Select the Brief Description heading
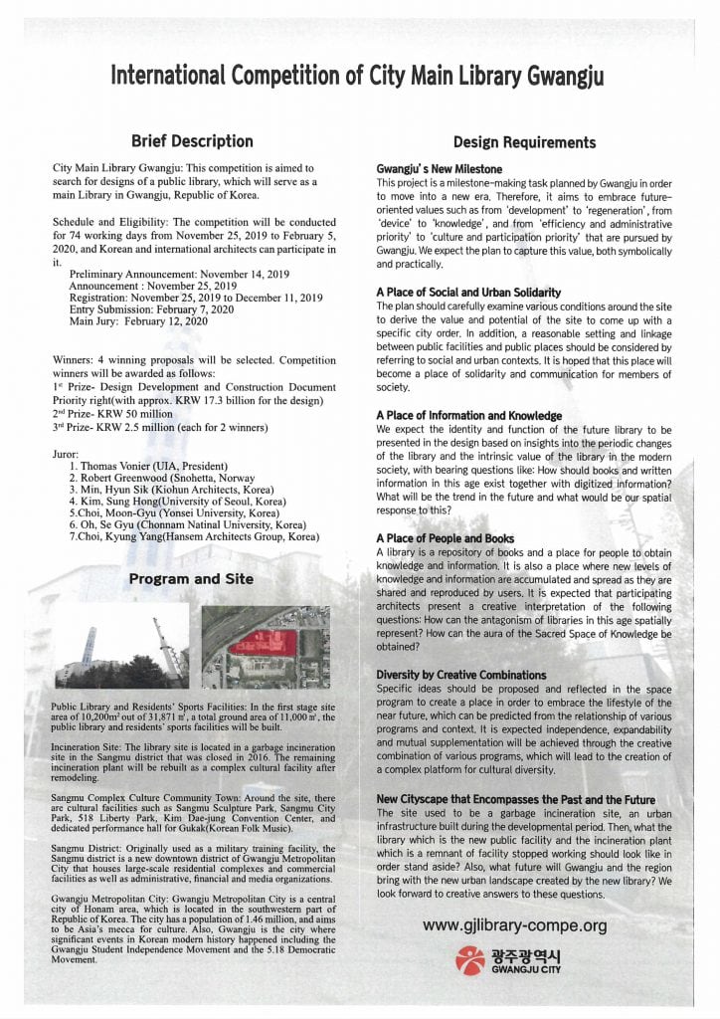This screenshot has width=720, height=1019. (x=192, y=141)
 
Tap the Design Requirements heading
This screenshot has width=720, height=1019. (x=524, y=142)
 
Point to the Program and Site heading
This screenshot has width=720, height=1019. (x=191, y=579)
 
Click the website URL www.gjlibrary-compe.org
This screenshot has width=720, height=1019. (x=514, y=925)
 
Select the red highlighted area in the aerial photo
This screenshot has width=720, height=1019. (x=263, y=642)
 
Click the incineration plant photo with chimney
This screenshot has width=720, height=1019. (x=119, y=647)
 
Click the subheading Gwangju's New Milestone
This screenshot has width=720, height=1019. (x=439, y=170)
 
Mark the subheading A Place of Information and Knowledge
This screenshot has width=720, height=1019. (x=468, y=415)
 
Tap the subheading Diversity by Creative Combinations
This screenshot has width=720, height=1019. (x=460, y=675)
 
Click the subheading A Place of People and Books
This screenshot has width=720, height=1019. (x=445, y=538)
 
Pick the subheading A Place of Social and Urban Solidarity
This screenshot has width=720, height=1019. (x=468, y=293)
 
